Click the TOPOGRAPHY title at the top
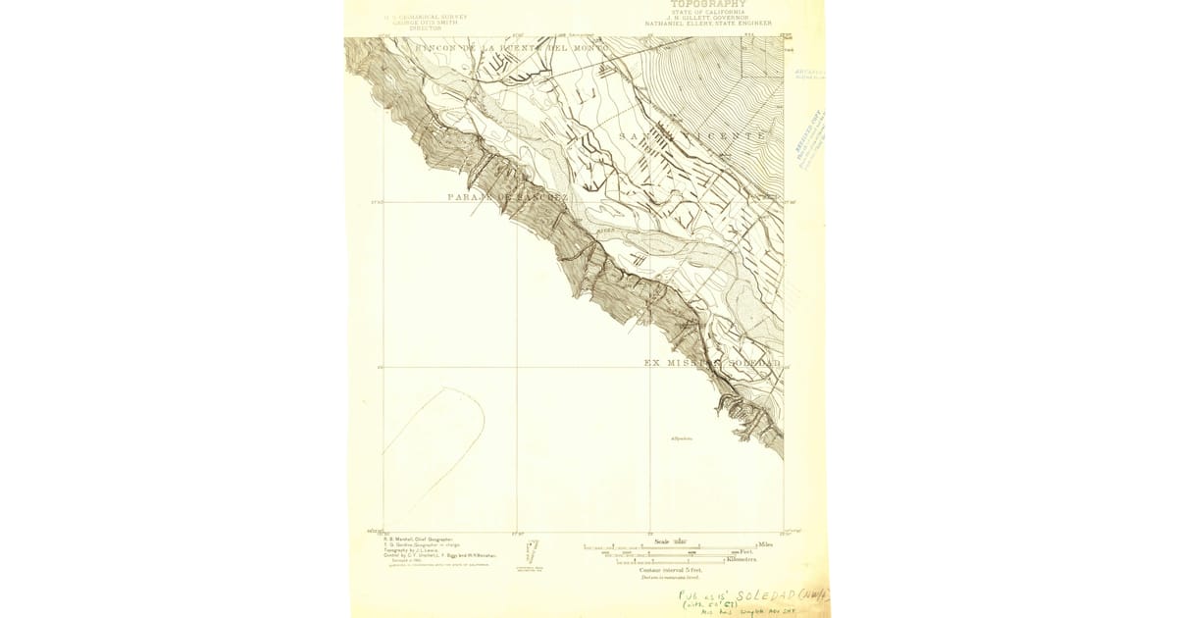pos(707,4)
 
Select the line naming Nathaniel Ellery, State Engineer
pos(707,23)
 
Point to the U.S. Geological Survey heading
pos(426,17)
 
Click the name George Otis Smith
pos(426,23)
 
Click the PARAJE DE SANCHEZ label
pos(507,197)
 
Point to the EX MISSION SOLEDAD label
pos(712,363)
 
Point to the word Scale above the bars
pos(662,540)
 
